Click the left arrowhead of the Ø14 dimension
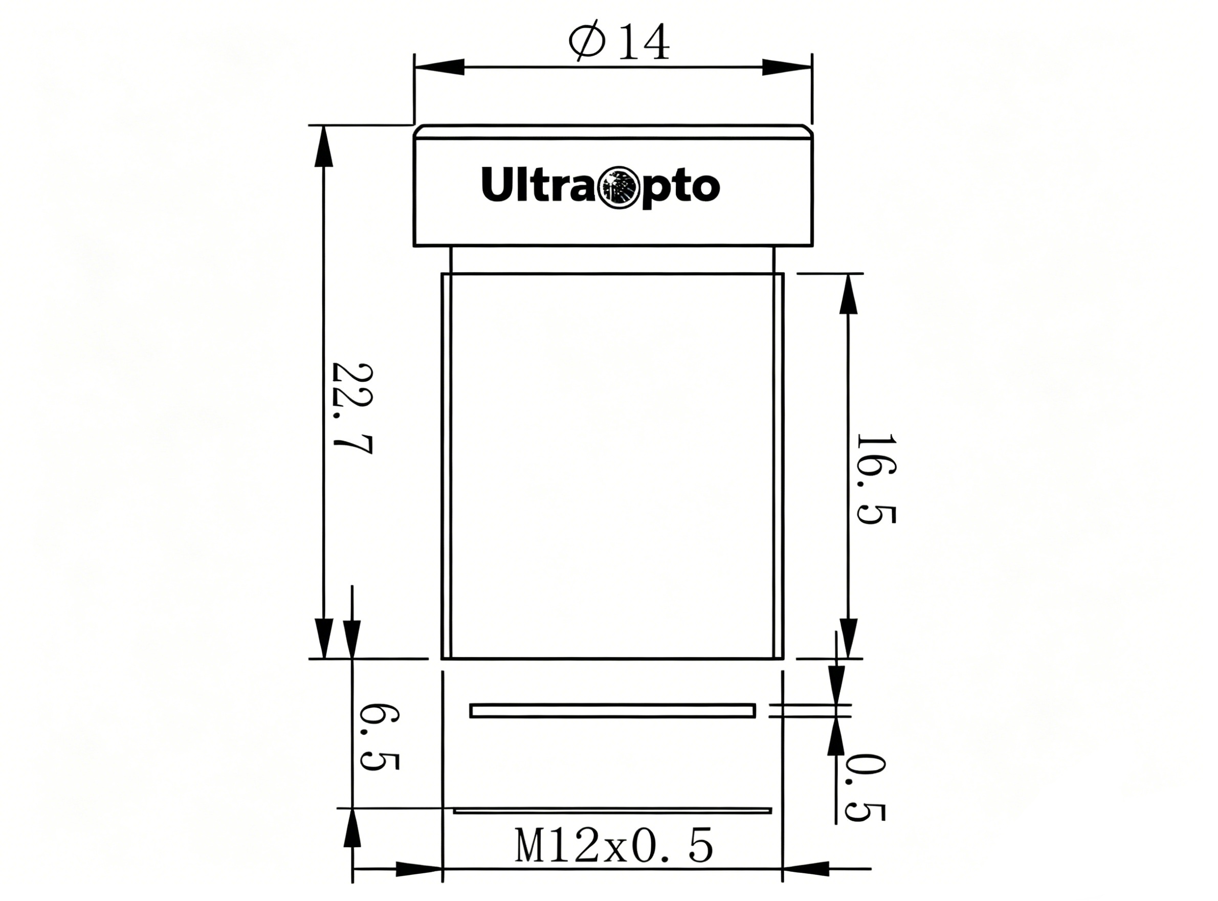tap(439, 67)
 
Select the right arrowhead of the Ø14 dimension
tap(787, 67)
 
